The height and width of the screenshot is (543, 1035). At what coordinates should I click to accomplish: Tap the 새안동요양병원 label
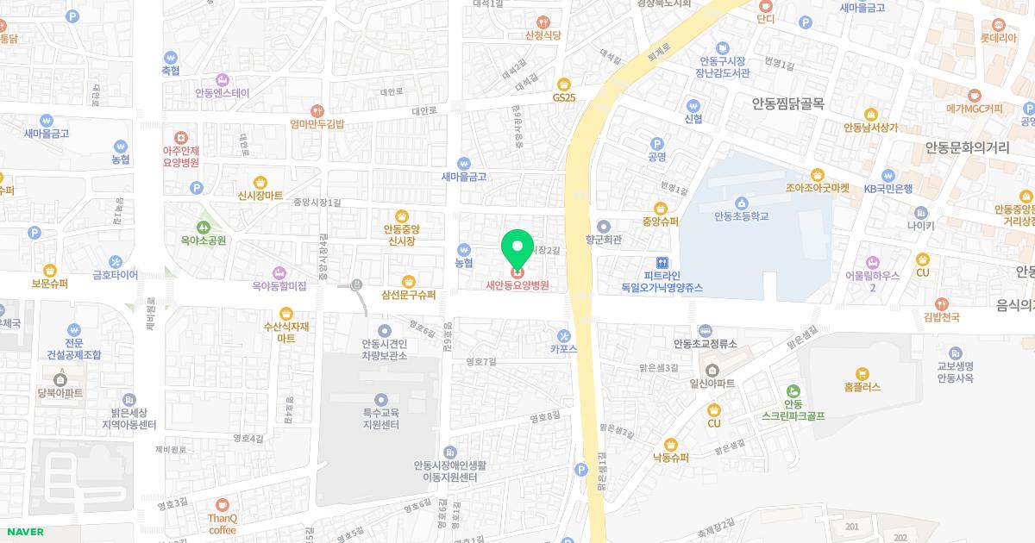517,285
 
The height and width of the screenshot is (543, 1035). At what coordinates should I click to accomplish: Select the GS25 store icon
564,84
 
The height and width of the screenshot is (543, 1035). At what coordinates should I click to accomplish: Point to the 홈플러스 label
862,387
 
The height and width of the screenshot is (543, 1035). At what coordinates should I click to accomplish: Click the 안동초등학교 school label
741,216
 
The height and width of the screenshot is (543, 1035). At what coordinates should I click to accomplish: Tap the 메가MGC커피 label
975,109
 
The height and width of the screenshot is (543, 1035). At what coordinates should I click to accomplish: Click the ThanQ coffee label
223,524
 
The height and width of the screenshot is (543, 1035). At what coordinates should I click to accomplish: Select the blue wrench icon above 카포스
564,335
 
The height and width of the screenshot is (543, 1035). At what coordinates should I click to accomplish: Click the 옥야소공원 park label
204,240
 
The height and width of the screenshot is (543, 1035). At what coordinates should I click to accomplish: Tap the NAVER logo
23,532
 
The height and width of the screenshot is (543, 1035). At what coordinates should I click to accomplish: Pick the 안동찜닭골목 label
787,104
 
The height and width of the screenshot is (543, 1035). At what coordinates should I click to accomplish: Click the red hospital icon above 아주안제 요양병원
181,137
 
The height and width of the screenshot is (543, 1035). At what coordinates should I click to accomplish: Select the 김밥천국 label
941,317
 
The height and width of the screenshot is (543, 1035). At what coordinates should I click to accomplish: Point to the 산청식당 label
543,35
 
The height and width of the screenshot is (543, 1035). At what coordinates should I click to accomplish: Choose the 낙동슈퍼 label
670,458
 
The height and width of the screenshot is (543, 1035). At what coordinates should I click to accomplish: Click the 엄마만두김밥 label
317,124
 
